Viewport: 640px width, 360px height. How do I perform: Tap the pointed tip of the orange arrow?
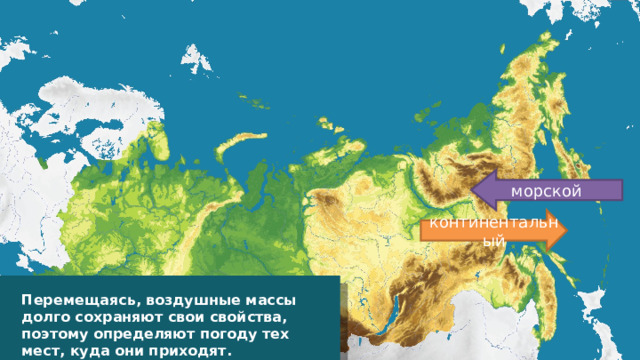click(568, 228)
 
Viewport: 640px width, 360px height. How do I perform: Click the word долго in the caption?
click(42, 316)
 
